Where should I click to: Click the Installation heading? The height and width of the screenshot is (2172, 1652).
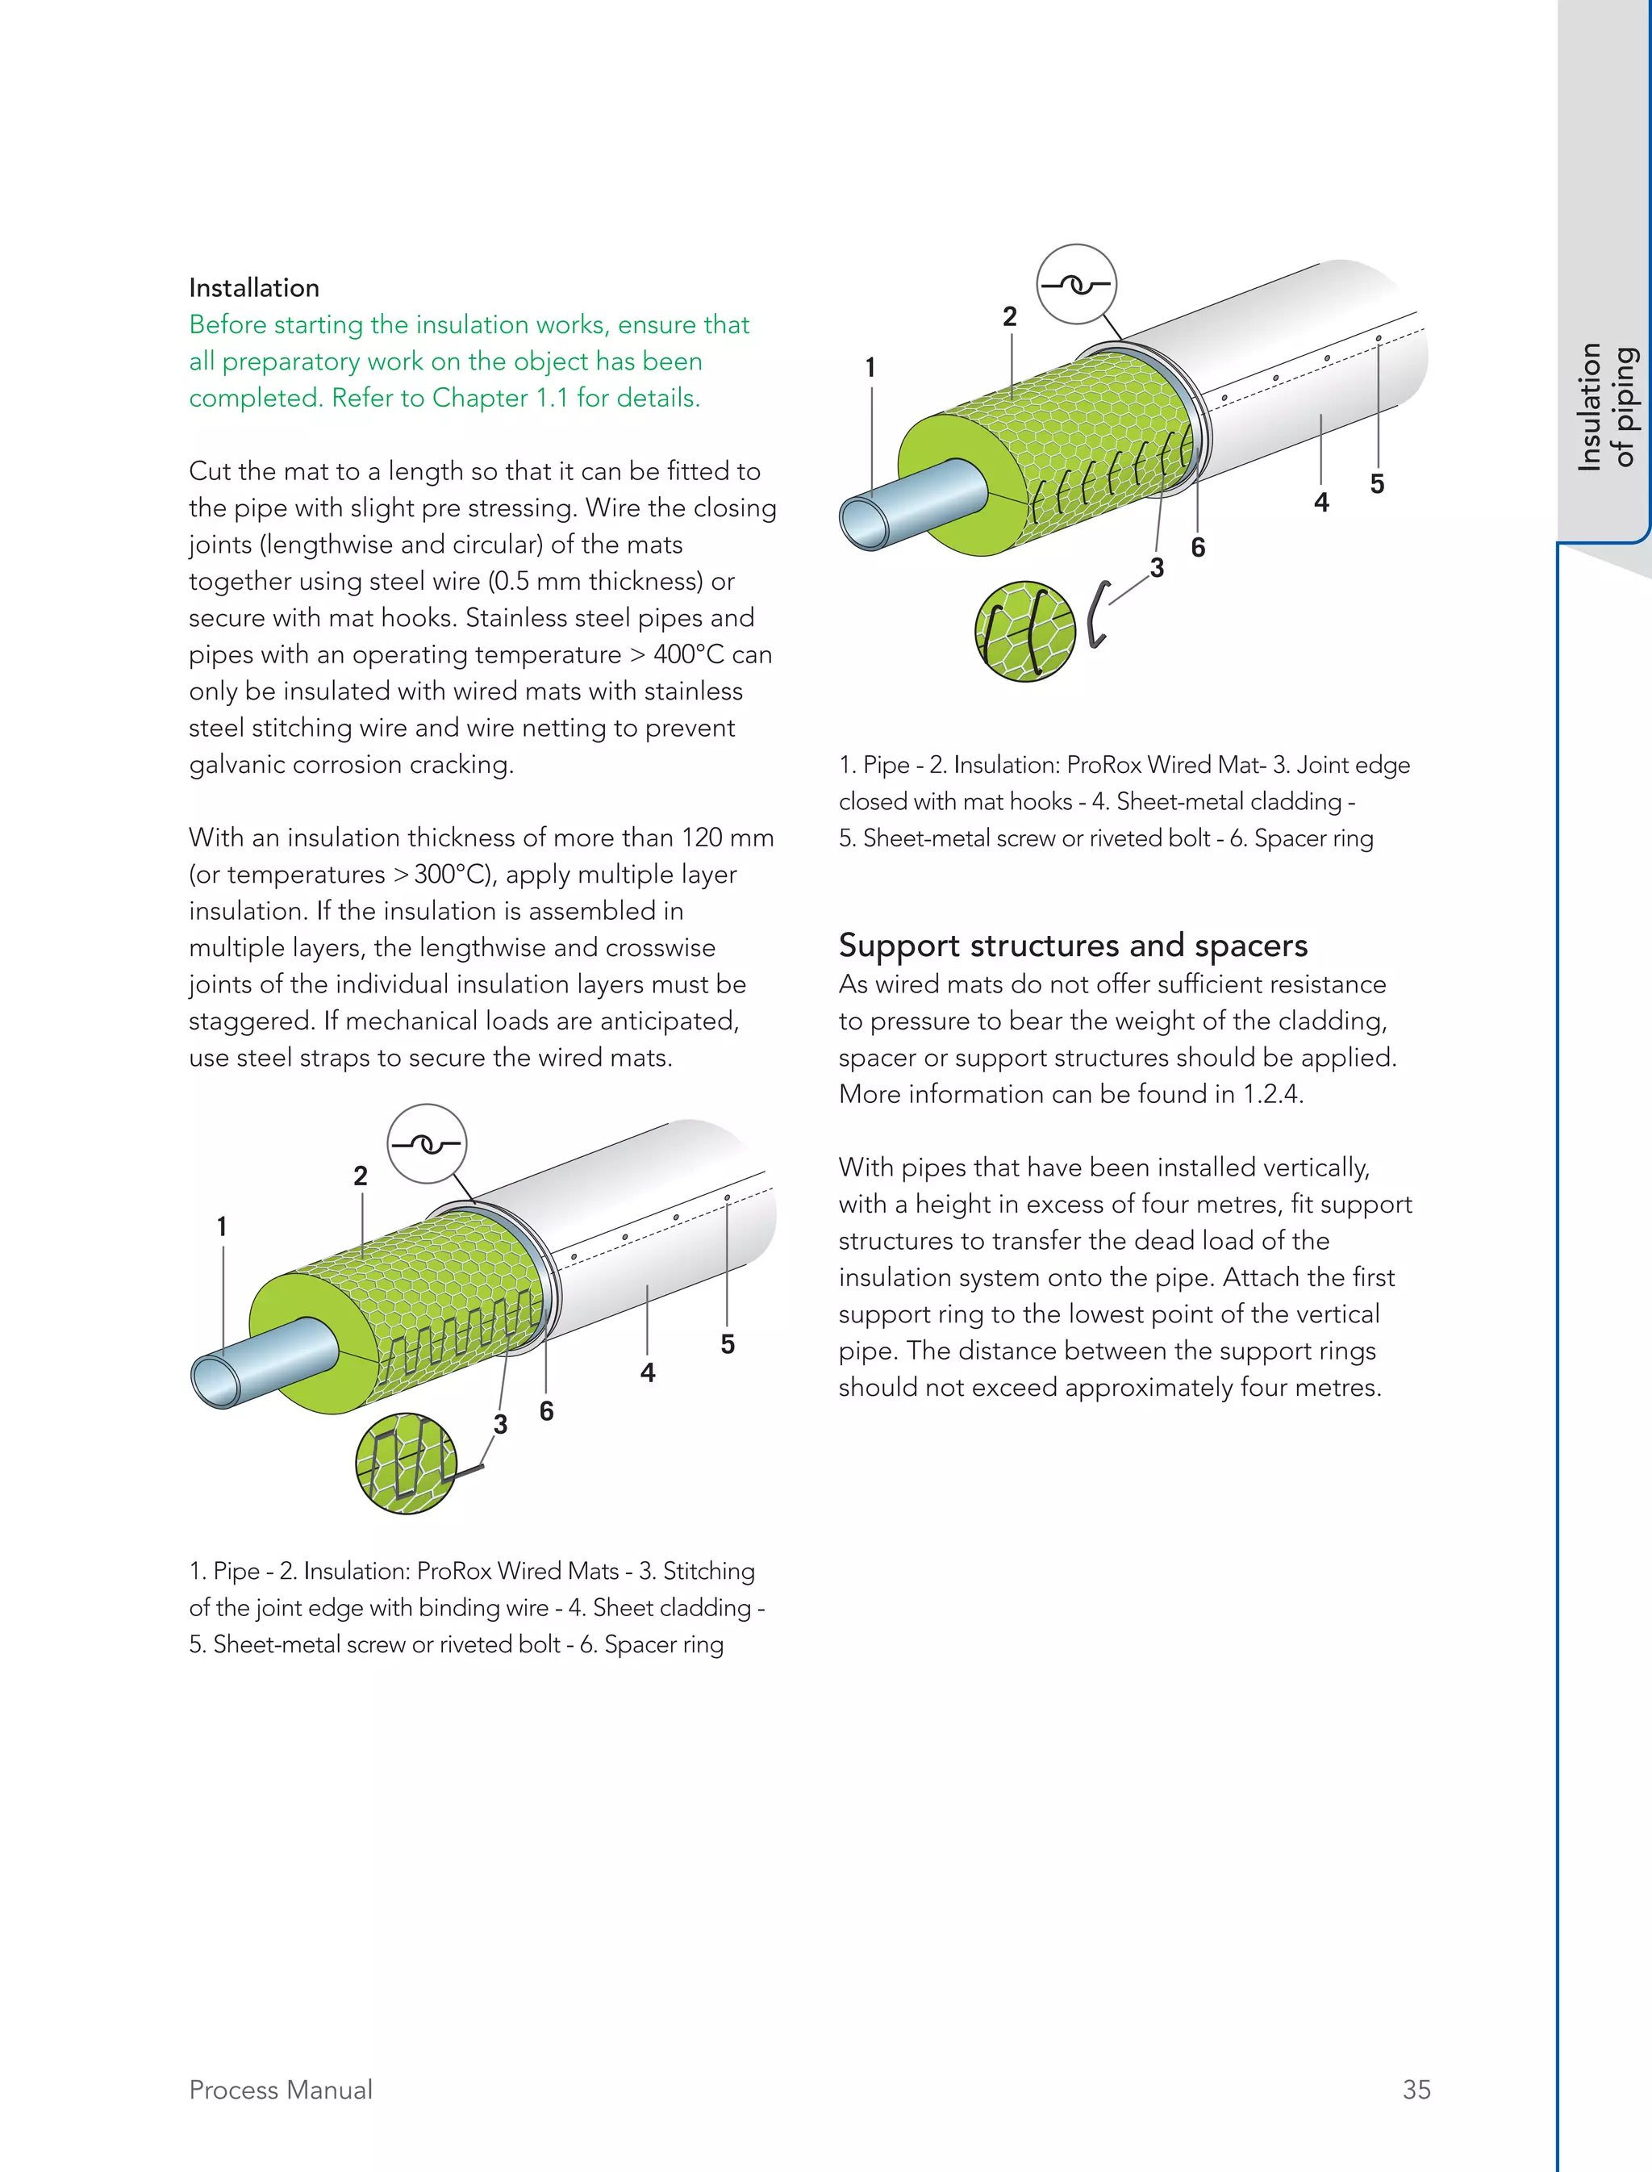tap(254, 288)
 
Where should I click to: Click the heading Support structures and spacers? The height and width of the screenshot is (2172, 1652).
tap(1073, 946)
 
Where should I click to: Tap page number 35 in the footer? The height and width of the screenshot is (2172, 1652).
tap(1416, 2090)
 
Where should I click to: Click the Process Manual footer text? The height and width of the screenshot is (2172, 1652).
tap(280, 2090)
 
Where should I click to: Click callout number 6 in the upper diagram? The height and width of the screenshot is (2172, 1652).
tap(1198, 548)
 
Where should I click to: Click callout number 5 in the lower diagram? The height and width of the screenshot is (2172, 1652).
tap(728, 1345)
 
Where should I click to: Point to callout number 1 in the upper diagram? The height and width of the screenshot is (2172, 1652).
tap(870, 368)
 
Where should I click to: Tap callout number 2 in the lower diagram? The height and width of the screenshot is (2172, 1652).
tap(361, 1176)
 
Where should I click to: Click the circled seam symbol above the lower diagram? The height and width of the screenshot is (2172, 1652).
tap(426, 1144)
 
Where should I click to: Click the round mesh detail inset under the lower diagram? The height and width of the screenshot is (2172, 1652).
tap(406, 1463)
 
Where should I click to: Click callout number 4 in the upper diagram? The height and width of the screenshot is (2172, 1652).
tap(1321, 503)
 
